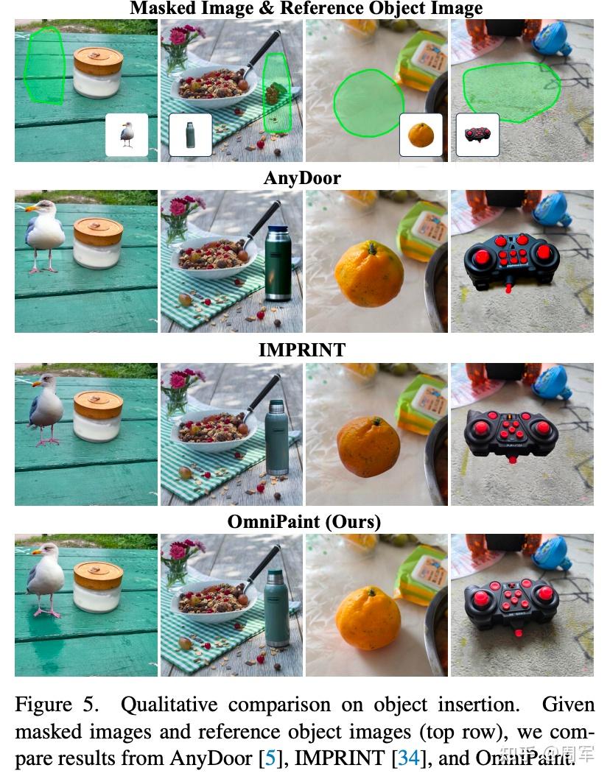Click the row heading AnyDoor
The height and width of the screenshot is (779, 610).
click(302, 178)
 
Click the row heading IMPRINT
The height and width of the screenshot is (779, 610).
click(302, 350)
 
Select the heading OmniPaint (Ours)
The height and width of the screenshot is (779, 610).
click(304, 521)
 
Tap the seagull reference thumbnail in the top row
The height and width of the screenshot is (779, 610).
click(127, 135)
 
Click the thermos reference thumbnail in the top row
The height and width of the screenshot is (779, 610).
click(190, 135)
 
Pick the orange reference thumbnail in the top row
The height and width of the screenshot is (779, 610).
click(421, 135)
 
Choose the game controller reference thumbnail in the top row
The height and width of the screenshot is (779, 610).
click(477, 135)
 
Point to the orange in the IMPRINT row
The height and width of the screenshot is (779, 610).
click(368, 447)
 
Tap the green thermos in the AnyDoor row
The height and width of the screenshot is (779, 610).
click(278, 264)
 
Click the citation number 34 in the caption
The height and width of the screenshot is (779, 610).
click(409, 758)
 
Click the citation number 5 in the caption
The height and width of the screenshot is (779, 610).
click(270, 758)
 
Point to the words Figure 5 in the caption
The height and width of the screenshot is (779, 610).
click(57, 705)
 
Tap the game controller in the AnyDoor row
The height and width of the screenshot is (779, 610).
click(511, 262)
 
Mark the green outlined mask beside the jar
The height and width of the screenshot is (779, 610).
click(45, 66)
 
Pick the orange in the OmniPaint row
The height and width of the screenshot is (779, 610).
click(368, 618)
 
